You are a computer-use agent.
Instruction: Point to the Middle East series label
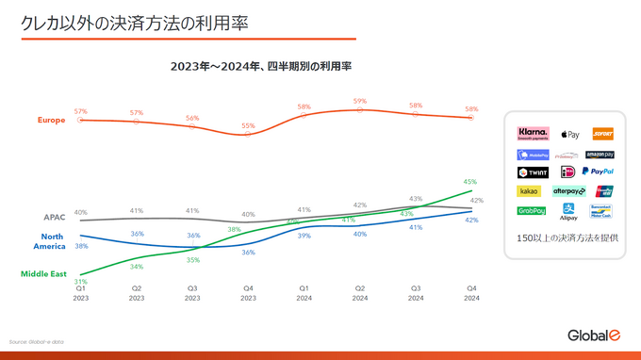click(43, 273)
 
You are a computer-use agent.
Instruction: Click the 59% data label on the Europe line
click(360, 101)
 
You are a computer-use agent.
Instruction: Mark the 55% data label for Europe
click(248, 125)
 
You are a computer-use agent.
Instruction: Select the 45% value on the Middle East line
click(470, 181)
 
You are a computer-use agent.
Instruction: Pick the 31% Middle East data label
click(81, 281)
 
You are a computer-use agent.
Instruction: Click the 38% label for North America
click(81, 245)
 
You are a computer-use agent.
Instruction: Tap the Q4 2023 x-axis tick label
click(248, 293)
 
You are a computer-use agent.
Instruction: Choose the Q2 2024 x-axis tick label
click(360, 293)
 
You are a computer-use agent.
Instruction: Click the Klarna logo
click(534, 134)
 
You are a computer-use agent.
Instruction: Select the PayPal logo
click(598, 172)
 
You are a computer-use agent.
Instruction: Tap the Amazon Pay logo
click(600, 154)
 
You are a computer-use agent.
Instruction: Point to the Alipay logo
click(568, 212)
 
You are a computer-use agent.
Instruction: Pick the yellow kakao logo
click(530, 190)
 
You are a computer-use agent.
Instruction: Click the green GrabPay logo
click(532, 210)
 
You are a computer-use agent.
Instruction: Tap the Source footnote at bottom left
click(37, 341)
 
